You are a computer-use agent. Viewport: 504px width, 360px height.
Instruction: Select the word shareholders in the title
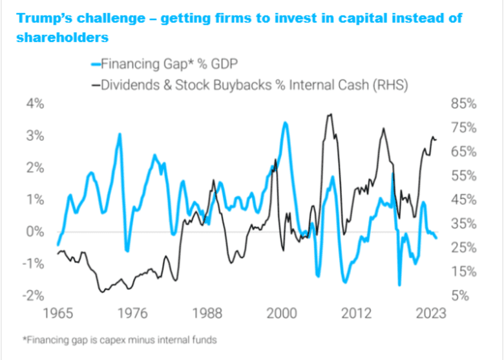62,37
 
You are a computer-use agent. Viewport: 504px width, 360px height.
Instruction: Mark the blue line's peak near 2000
285,122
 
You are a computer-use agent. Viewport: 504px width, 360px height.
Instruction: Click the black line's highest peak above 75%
330,114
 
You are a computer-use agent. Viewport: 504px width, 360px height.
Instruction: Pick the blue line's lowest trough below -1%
399,284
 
